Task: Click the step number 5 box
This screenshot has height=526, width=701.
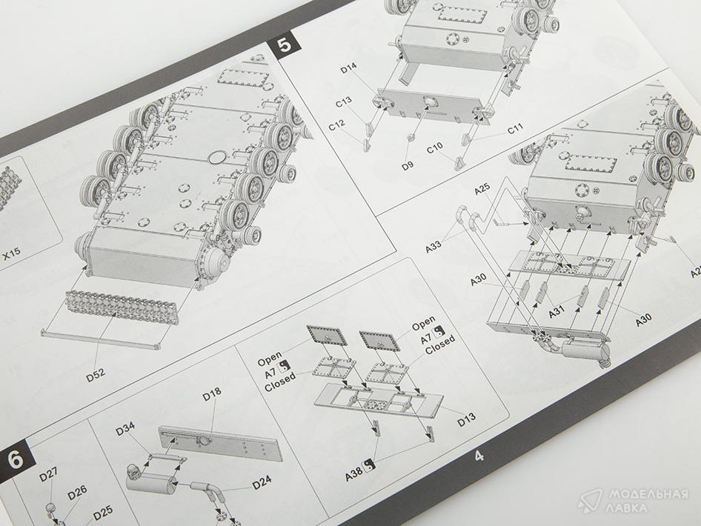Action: tap(285, 45)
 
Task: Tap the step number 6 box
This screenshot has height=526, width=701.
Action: tap(16, 459)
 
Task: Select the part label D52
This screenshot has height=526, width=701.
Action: tap(96, 374)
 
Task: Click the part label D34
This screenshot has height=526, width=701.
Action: tap(126, 429)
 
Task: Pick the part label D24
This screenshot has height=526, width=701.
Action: tap(262, 482)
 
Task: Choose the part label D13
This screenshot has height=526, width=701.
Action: tap(467, 419)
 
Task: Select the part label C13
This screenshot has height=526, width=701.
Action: tap(344, 102)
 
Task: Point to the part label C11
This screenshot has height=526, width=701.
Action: tap(515, 129)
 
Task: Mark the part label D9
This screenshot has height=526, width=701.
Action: tap(408, 166)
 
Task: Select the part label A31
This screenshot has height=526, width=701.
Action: tap(557, 310)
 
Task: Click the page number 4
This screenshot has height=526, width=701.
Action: tap(479, 456)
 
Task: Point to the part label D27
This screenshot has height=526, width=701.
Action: tap(48, 475)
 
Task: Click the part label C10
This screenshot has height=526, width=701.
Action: tap(434, 148)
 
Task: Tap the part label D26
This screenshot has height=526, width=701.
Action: tap(77, 493)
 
